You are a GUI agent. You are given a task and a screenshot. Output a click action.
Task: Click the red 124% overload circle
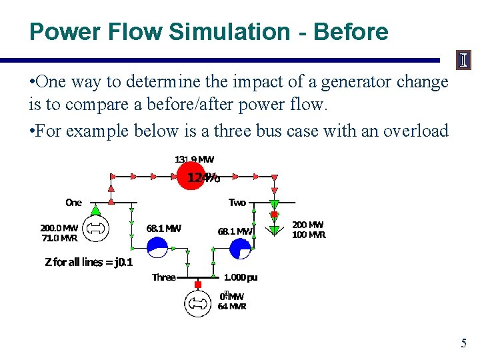click(192, 177)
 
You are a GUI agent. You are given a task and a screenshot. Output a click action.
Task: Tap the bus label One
click(73, 202)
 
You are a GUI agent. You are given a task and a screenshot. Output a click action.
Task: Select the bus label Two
click(237, 202)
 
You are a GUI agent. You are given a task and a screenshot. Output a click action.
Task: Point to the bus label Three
click(163, 277)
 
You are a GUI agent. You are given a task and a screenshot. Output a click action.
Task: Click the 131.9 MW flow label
click(194, 159)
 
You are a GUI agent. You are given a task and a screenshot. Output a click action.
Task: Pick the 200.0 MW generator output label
click(59, 227)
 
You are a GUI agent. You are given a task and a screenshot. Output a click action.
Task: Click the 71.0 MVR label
click(59, 237)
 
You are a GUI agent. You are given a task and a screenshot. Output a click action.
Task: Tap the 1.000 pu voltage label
click(241, 277)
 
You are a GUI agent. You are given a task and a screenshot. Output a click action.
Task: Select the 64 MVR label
click(232, 307)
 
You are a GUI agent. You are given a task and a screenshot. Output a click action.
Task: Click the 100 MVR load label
click(309, 235)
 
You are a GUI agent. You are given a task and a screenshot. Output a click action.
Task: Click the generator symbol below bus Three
click(197, 303)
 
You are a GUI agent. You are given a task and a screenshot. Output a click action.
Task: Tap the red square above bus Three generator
click(197, 285)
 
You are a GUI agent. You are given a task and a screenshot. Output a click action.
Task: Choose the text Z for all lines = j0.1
click(89, 262)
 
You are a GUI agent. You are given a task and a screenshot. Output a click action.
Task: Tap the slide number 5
click(464, 344)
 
